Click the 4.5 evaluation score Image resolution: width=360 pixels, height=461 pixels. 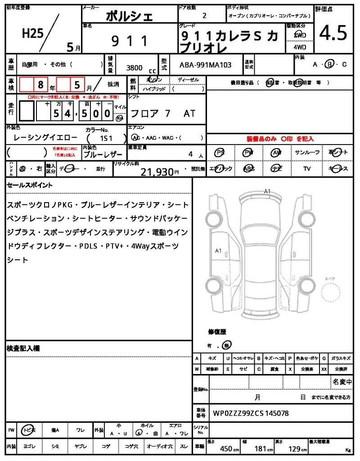333,33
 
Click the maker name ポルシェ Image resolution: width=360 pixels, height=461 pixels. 129,17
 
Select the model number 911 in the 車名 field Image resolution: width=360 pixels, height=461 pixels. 130,41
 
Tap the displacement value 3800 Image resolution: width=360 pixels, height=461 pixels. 135,68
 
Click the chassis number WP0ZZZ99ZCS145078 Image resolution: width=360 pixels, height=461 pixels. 251,413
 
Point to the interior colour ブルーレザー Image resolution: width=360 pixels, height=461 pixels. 103,154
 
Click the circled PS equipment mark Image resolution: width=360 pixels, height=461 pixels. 220,153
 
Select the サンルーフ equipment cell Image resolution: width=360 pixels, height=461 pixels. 307,153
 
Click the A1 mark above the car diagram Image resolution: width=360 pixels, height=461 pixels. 267,192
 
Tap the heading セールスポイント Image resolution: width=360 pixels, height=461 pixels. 30,185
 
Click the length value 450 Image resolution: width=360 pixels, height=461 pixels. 226,448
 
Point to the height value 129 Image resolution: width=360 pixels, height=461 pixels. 294,448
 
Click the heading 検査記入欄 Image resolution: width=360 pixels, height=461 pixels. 23,348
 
